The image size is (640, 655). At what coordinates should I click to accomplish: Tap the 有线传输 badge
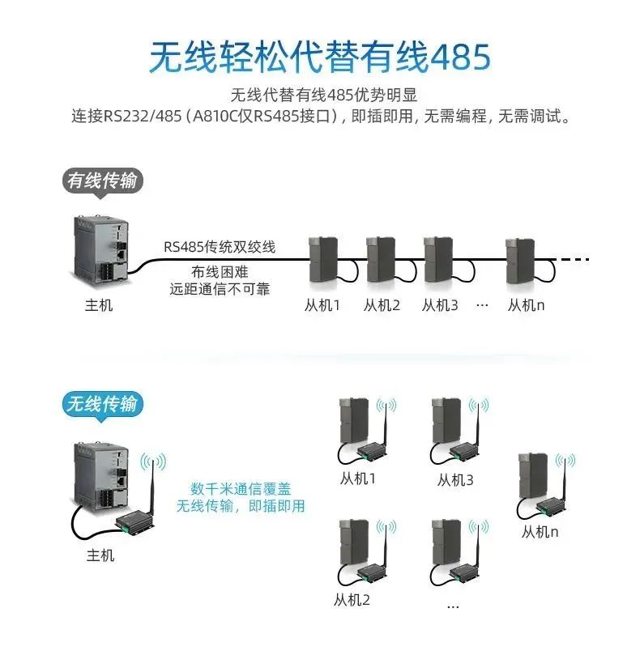coord(101,181)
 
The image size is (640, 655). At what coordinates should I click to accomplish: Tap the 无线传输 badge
coord(101,403)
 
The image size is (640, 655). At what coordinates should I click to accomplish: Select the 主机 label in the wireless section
coord(100,555)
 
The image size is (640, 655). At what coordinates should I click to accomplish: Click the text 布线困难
coord(219,270)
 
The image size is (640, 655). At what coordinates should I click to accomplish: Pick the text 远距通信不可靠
coord(219,288)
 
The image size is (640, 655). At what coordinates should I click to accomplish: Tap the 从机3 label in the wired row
coord(440,306)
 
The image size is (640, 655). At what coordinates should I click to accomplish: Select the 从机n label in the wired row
coord(526,306)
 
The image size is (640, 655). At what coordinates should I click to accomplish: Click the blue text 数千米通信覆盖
coord(241,489)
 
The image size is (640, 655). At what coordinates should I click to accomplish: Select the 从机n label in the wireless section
coord(540,532)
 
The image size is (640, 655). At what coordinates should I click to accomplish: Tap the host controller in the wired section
coord(100,250)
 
